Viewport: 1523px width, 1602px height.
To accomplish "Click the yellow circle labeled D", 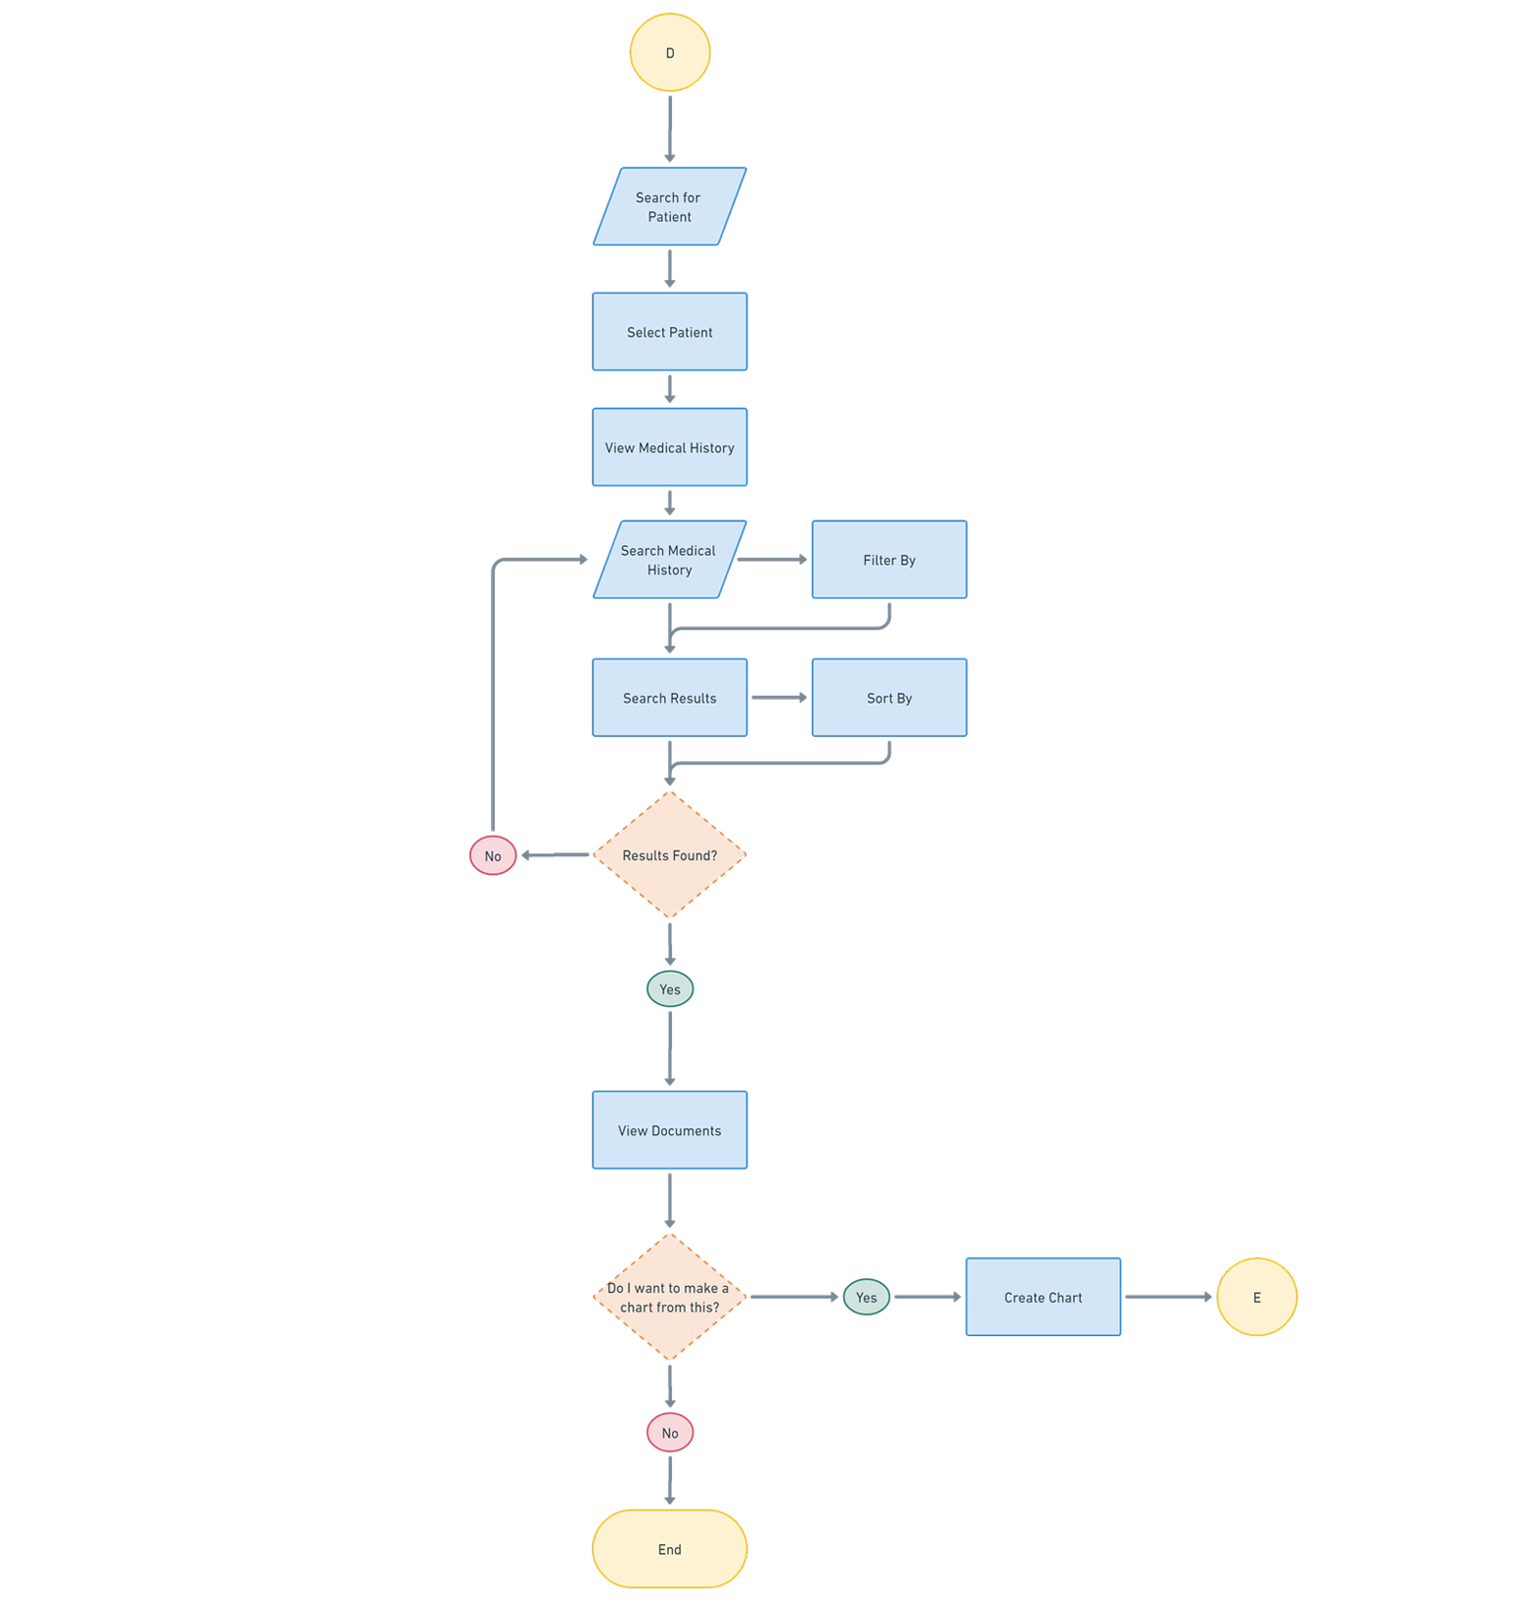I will point(670,53).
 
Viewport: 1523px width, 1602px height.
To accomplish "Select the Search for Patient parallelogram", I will point(669,207).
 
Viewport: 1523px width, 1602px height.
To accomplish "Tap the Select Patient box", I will point(669,333).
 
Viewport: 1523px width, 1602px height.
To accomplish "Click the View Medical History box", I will point(669,448).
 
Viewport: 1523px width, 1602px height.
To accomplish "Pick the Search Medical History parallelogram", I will point(669,560).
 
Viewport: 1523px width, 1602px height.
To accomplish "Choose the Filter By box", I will point(889,560).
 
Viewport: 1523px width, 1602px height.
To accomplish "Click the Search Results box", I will point(669,698).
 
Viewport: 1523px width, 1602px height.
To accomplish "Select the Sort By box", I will point(889,698).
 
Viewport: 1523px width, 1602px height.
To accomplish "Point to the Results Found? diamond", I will point(669,855).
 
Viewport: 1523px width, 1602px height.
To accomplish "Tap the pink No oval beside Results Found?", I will point(492,856).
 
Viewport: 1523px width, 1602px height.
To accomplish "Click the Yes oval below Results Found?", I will point(670,989).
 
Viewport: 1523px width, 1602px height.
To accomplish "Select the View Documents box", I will point(669,1130).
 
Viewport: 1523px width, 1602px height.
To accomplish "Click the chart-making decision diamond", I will point(669,1298).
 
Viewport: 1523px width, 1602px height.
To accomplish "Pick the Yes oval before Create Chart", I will point(866,1298).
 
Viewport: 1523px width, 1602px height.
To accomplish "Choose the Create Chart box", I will point(1043,1298).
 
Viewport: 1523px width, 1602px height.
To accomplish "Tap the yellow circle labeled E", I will point(1257,1298).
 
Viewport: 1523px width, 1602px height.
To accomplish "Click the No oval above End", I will point(670,1434).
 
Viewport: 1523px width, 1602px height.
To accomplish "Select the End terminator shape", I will point(669,1549).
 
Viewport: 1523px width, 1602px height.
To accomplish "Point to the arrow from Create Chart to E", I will point(1168,1298).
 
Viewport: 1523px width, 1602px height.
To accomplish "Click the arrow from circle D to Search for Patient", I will point(670,125).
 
